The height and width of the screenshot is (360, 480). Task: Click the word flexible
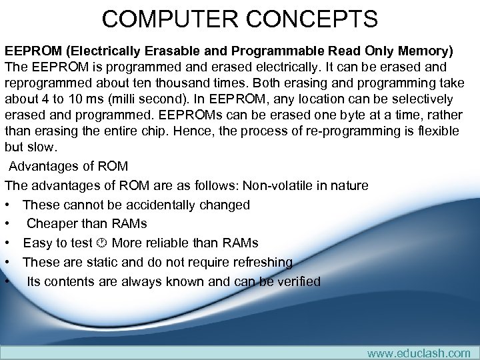click(x=435, y=131)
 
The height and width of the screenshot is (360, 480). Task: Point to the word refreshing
click(x=259, y=262)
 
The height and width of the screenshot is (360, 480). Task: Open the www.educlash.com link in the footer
click(x=419, y=353)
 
